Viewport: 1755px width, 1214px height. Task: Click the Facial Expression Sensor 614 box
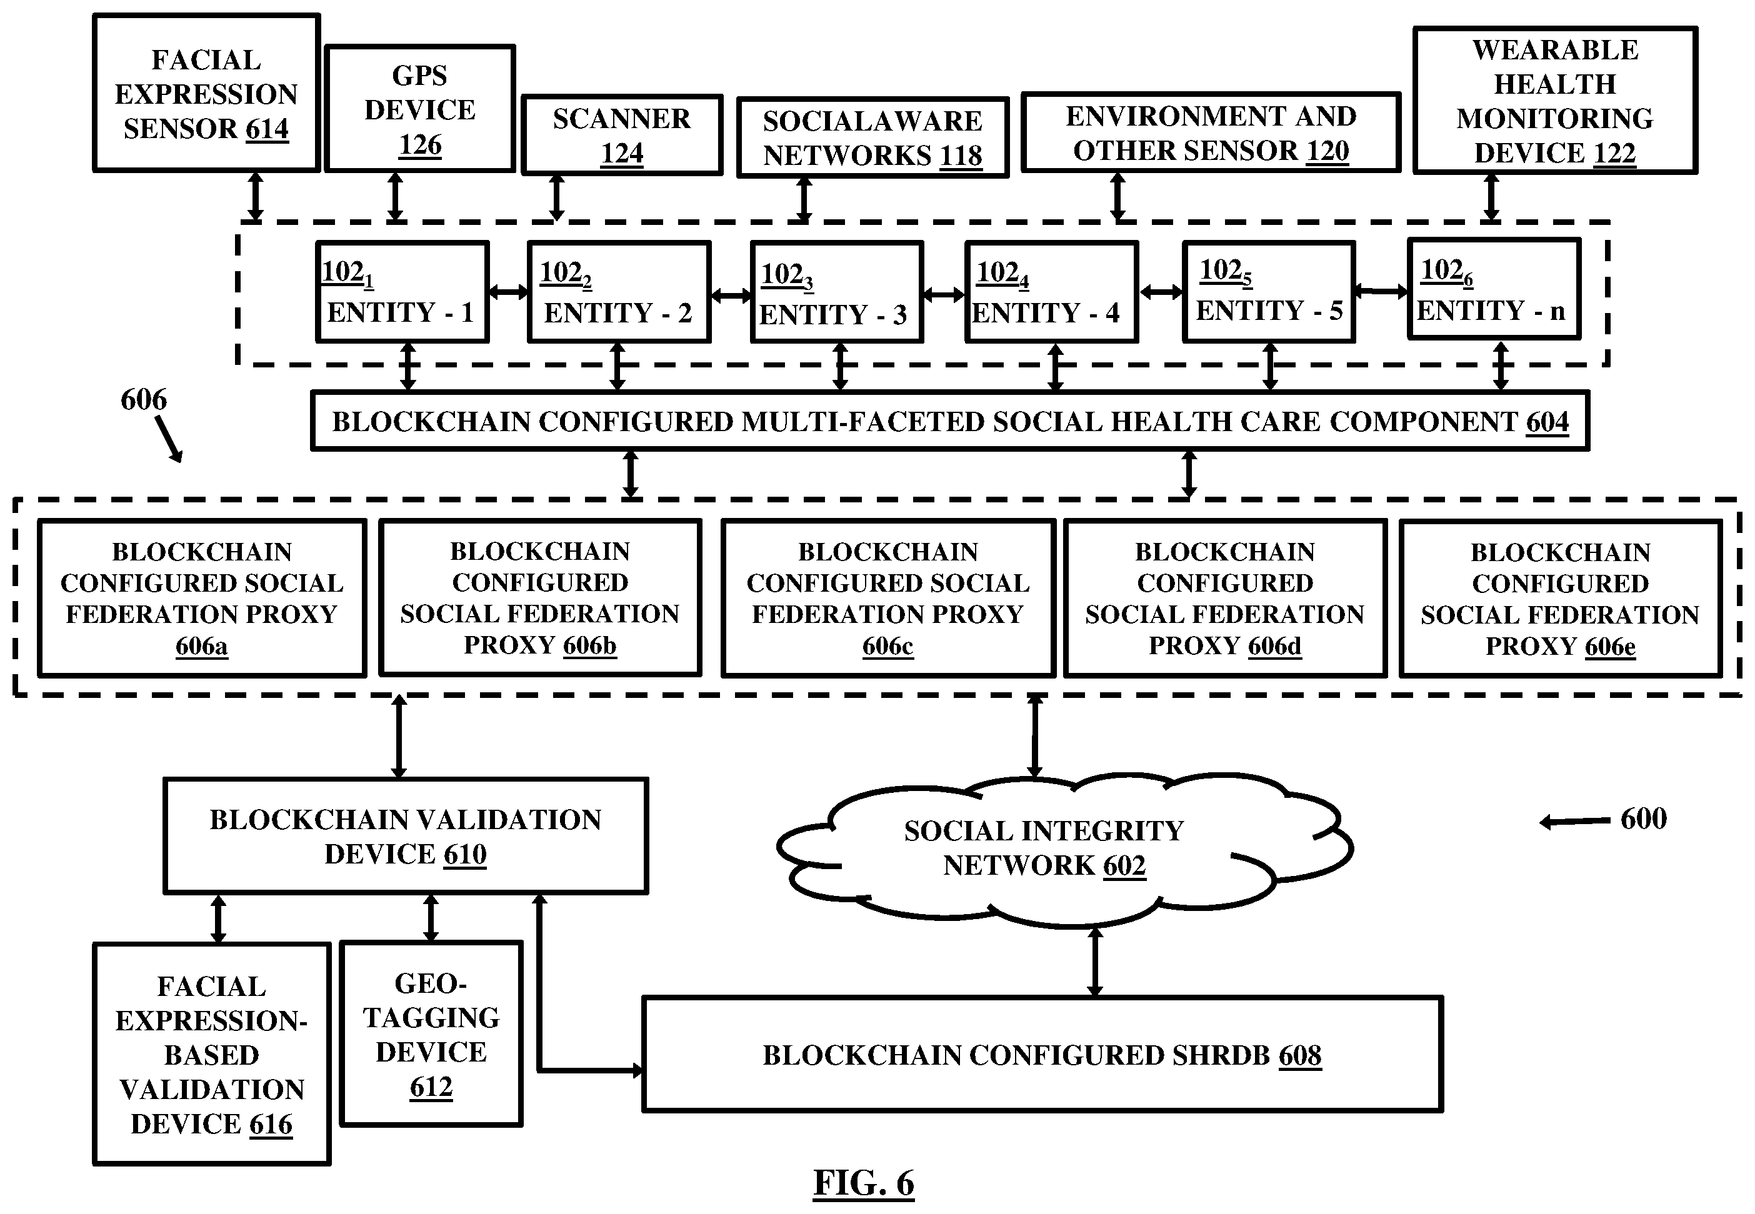tap(206, 93)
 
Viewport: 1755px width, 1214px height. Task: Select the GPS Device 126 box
tap(420, 108)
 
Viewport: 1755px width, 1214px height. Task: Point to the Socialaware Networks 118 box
tap(872, 137)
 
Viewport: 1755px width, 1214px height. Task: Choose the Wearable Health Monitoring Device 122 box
tap(1555, 101)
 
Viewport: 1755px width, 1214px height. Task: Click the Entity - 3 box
tap(837, 292)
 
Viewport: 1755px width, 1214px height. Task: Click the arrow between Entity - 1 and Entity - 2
tap(508, 291)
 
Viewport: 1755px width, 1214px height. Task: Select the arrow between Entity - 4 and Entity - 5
tap(1161, 291)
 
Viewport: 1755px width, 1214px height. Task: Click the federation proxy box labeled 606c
tap(887, 598)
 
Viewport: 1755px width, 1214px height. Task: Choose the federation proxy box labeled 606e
tap(1560, 598)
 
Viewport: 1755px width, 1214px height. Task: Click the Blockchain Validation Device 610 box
tap(406, 835)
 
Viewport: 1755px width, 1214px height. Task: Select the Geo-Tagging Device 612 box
tap(431, 1033)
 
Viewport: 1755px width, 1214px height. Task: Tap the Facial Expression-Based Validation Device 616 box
tap(211, 1054)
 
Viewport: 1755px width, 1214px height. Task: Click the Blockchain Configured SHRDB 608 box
tap(1042, 1054)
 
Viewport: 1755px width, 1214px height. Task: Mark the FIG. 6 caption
tap(863, 1183)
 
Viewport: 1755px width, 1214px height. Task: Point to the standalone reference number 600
tap(1643, 818)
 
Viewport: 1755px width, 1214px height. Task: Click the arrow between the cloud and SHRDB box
tap(1095, 962)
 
